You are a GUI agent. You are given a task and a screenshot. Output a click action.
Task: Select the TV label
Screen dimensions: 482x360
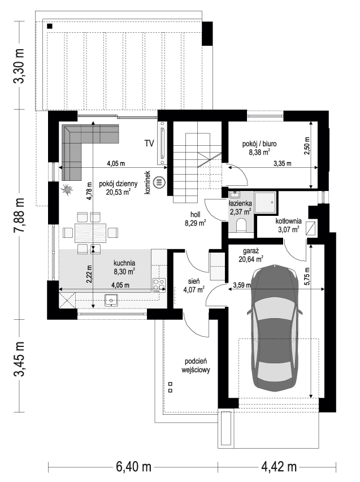(x=149, y=144)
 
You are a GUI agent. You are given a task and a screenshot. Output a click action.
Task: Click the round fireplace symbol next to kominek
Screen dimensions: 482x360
(x=159, y=183)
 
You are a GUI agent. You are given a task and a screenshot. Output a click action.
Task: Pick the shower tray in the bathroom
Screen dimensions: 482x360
(x=266, y=201)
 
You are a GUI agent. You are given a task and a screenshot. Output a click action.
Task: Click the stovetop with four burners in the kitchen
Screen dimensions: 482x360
(x=159, y=285)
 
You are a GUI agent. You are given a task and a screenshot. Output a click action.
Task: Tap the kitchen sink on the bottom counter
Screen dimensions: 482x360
(x=110, y=301)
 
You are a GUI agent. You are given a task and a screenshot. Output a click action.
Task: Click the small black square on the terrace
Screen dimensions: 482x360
(x=50, y=26)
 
